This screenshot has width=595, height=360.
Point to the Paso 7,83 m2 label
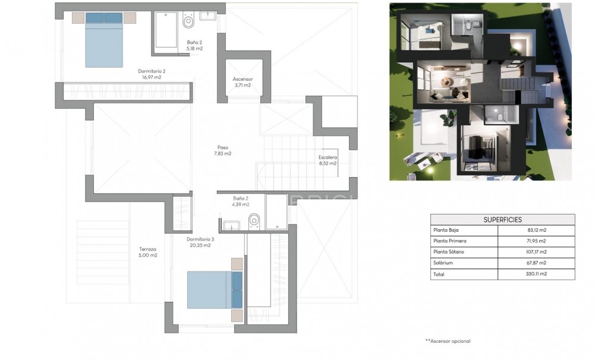[222, 150]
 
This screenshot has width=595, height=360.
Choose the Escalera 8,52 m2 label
[328, 160]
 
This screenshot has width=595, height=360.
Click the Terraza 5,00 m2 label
[148, 252]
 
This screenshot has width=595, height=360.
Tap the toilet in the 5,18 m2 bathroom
[188, 22]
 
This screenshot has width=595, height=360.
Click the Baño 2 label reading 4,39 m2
[241, 201]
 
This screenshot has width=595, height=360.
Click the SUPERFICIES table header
[502, 219]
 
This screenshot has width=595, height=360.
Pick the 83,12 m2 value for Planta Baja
[536, 230]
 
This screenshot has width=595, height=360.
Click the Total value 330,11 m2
[536, 274]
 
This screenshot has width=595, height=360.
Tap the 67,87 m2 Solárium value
[536, 263]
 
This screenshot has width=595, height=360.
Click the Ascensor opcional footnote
[447, 341]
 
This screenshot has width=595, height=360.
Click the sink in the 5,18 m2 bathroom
[208, 16]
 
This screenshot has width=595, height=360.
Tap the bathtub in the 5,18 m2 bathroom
[166, 30]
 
